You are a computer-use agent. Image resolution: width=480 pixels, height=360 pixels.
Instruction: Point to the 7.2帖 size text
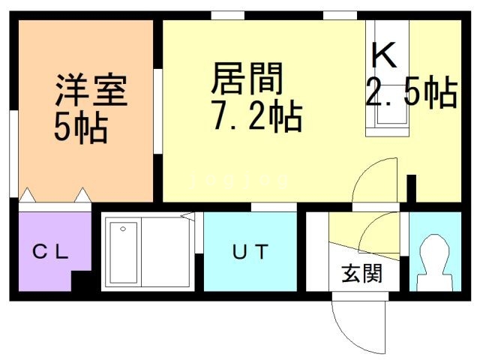(254, 117)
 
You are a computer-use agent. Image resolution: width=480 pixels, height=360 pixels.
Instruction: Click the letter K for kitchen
(383, 55)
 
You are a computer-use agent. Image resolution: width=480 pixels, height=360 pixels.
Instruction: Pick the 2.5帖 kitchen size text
(411, 94)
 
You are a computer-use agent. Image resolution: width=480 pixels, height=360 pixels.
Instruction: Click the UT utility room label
(250, 252)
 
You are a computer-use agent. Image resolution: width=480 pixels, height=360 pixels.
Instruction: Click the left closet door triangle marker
(28, 196)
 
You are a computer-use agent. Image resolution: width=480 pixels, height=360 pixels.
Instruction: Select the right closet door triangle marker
(82, 196)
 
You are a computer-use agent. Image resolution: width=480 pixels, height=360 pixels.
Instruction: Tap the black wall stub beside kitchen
(411, 187)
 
